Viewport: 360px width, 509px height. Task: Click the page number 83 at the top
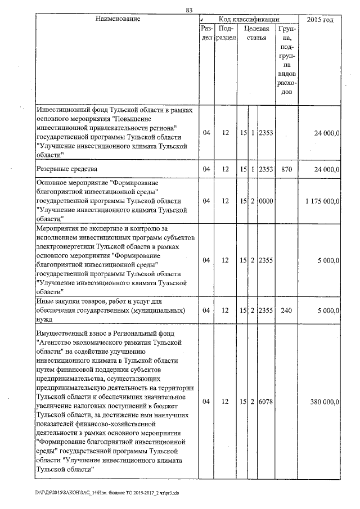coord(189,10)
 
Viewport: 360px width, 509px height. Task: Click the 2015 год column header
coord(320,20)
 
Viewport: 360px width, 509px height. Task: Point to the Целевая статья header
coord(256,33)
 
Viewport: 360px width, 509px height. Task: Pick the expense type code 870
coord(286,169)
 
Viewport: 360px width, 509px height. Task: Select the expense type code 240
coord(286,310)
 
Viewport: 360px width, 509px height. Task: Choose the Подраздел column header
coord(225,33)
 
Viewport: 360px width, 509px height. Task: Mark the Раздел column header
coord(206,33)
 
